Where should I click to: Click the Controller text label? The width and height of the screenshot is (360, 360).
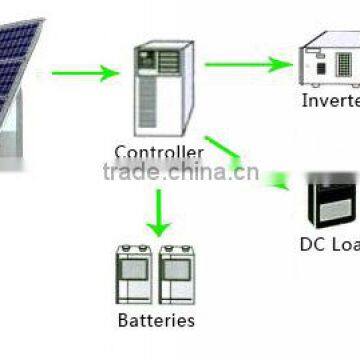(159, 153)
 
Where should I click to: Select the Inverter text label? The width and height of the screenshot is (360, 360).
(330, 101)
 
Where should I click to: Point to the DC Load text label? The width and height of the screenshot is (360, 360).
(330, 243)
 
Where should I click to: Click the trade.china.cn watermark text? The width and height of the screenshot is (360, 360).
(180, 171)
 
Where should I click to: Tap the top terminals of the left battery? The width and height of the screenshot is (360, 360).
(137, 249)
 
